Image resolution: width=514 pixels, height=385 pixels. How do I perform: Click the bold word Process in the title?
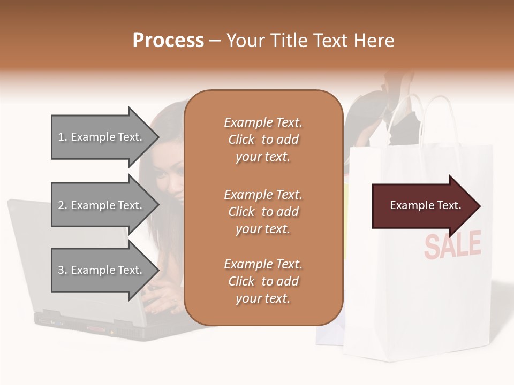point(168,41)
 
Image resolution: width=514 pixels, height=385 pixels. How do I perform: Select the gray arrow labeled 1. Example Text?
point(102,137)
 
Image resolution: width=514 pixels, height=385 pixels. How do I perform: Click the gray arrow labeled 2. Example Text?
point(102,205)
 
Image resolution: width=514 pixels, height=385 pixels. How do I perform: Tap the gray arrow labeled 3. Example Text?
point(102,270)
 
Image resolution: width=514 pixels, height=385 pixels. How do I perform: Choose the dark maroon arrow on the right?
point(423,206)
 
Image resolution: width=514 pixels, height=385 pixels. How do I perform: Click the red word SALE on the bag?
point(452,245)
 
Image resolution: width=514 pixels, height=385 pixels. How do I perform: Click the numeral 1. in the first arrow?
point(63,137)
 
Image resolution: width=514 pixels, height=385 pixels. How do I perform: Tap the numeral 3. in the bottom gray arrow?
point(63,270)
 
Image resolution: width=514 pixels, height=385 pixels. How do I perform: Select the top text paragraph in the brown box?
point(263,140)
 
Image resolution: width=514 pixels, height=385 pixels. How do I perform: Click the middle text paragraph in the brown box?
point(263,212)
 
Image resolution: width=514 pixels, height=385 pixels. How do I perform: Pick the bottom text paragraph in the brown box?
point(263,281)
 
